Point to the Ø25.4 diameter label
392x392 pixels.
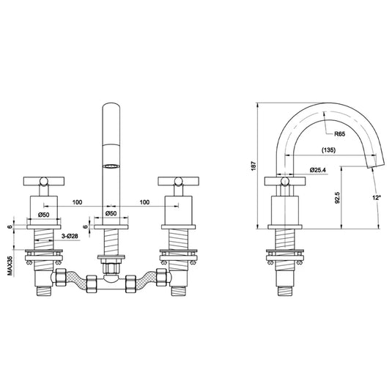(319, 170)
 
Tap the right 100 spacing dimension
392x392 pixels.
(145, 200)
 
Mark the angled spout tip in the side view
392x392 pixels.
(375, 157)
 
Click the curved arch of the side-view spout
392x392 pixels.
(308, 110)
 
